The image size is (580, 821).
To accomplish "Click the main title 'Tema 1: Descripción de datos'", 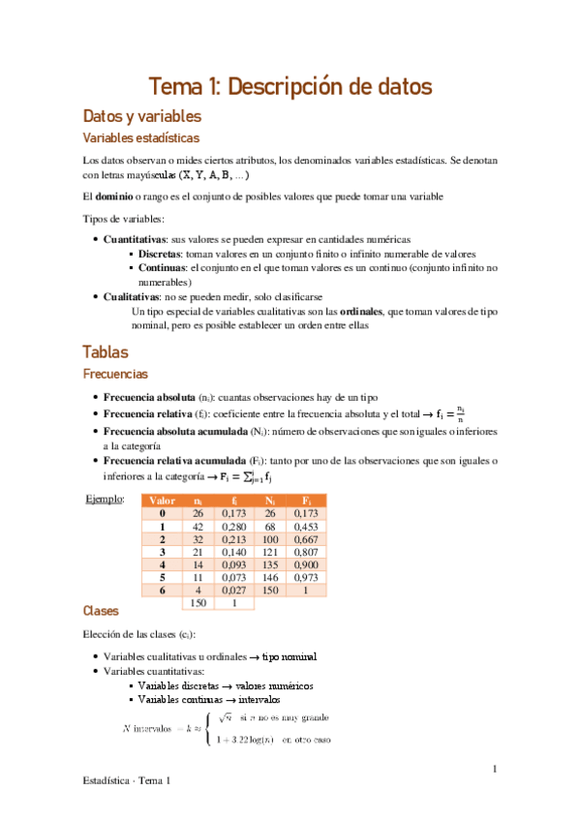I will click(x=290, y=86).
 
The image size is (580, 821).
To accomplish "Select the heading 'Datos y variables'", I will click(x=142, y=116).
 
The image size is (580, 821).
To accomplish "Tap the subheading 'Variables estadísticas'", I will click(x=141, y=138).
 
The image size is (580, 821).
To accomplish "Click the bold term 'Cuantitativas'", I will click(x=136, y=238).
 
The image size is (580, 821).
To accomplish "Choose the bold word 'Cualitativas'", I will click(x=132, y=296).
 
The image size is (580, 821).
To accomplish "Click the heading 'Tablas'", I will click(x=106, y=352).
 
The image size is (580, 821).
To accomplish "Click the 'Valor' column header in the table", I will click(x=162, y=501).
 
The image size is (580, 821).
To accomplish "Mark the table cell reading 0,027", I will click(x=233, y=590).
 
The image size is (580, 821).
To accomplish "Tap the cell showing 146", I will click(x=273, y=577).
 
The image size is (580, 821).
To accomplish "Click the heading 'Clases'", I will click(x=101, y=612).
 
